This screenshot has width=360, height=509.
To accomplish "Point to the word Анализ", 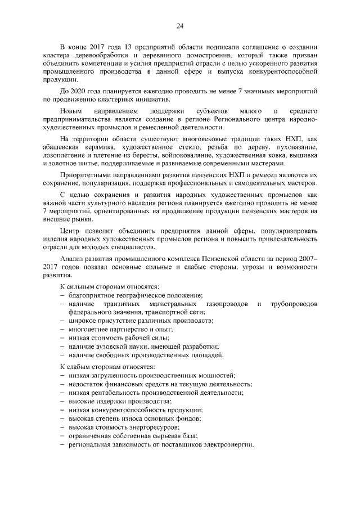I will point(71,258).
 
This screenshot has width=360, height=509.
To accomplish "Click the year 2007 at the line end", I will point(307,258).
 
